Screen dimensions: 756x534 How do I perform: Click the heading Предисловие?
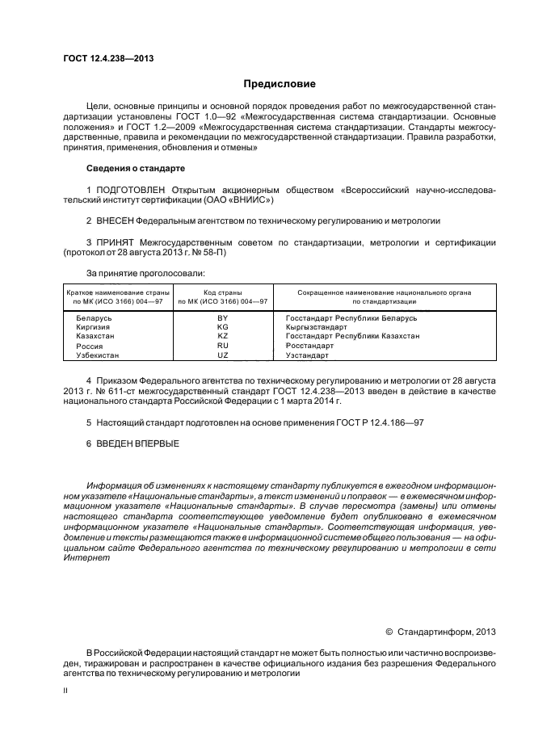[x=280, y=83]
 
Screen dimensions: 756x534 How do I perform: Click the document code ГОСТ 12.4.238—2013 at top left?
[x=108, y=58]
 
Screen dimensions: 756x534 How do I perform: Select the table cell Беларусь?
[x=93, y=319]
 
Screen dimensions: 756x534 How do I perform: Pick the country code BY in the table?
[x=222, y=319]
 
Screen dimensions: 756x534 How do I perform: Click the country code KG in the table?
[x=222, y=328]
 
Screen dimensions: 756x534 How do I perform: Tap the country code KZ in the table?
[x=222, y=337]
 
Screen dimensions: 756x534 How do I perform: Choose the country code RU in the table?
[x=222, y=346]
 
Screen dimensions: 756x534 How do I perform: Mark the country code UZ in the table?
[x=222, y=355]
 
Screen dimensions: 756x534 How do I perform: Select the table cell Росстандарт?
[x=309, y=346]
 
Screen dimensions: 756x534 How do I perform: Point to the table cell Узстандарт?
[x=307, y=355]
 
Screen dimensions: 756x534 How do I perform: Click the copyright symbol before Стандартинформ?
[x=389, y=632]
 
